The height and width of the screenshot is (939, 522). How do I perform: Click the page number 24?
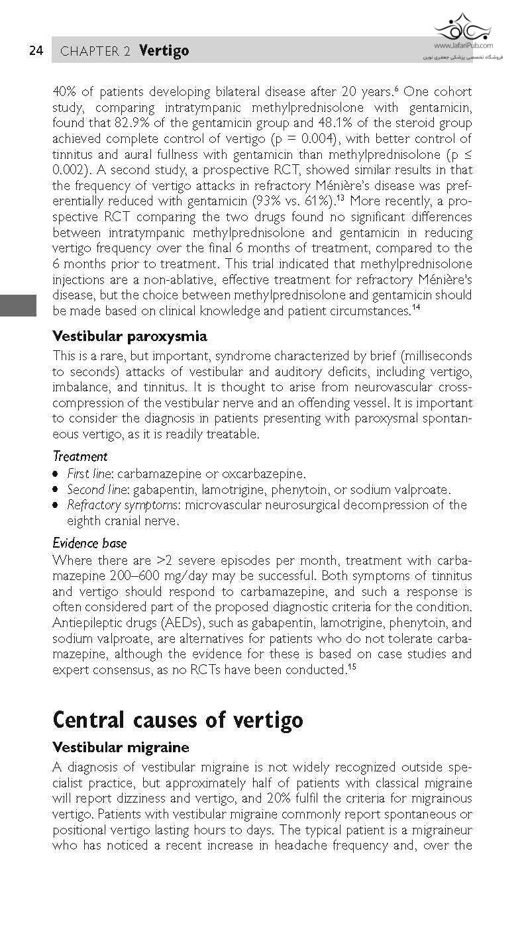tap(36, 51)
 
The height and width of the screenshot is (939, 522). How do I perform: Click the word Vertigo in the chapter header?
tap(164, 51)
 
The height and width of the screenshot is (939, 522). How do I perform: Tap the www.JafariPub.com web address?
tap(464, 46)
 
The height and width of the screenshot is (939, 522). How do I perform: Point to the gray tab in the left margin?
tap(18, 306)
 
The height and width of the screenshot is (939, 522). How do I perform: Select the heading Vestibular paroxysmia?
tap(129, 336)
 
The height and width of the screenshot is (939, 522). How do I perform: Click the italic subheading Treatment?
tap(79, 456)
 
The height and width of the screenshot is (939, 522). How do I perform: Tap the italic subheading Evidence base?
tap(89, 543)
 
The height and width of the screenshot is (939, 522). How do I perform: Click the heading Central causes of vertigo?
tap(178, 719)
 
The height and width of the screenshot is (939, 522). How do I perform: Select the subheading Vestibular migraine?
tap(121, 747)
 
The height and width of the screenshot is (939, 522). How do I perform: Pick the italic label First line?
tap(88, 473)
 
